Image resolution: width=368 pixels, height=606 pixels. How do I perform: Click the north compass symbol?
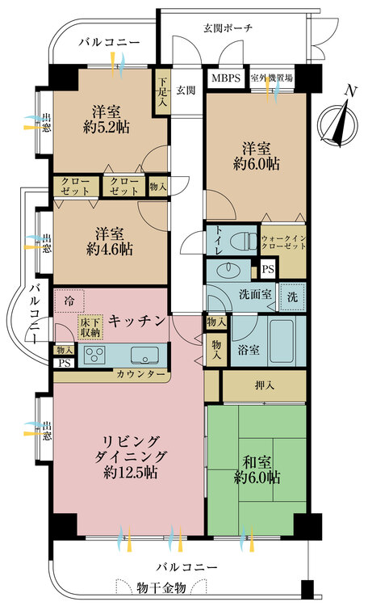coord(338,123)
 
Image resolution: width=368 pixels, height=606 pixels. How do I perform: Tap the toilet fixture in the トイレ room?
coord(243,241)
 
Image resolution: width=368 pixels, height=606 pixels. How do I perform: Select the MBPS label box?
coord(226,78)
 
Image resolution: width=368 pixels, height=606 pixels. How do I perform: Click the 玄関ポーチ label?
coord(228,27)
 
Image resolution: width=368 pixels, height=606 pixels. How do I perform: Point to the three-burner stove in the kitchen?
coord(94,354)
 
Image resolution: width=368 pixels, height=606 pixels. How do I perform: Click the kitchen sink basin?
coord(144,355)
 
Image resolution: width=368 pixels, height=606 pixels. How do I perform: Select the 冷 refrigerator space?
coord(69,301)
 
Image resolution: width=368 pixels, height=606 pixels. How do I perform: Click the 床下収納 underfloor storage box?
coord(90,327)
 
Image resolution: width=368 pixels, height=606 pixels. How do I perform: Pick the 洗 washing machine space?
coord(292,297)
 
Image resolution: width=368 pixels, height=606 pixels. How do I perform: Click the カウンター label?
coord(140,374)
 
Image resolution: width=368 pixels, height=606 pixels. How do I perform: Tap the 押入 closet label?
coord(265,385)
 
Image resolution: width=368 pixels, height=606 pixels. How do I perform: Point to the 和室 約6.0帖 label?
coord(257,469)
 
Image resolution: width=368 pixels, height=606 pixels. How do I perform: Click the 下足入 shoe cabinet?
coord(162,91)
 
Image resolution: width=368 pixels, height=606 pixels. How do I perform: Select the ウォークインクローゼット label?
coord(284,242)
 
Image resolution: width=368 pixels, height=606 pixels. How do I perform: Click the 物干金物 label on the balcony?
coord(161,588)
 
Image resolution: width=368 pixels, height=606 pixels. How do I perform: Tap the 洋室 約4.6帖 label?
coord(109,242)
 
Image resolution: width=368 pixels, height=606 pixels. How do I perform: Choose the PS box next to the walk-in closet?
coord(268,269)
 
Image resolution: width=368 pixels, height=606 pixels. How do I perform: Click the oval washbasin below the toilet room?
coord(228,269)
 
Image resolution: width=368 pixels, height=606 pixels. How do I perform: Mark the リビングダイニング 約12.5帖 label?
coord(131,457)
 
